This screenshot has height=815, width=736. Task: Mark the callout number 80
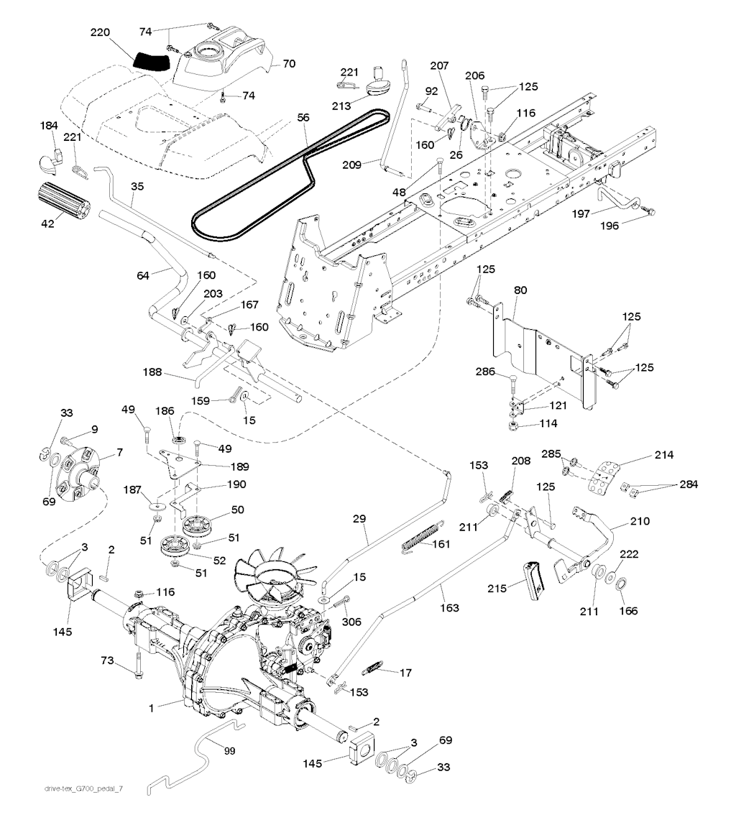[x=520, y=290]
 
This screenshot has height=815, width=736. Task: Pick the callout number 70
[x=288, y=63]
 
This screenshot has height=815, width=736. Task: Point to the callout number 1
[x=152, y=709]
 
